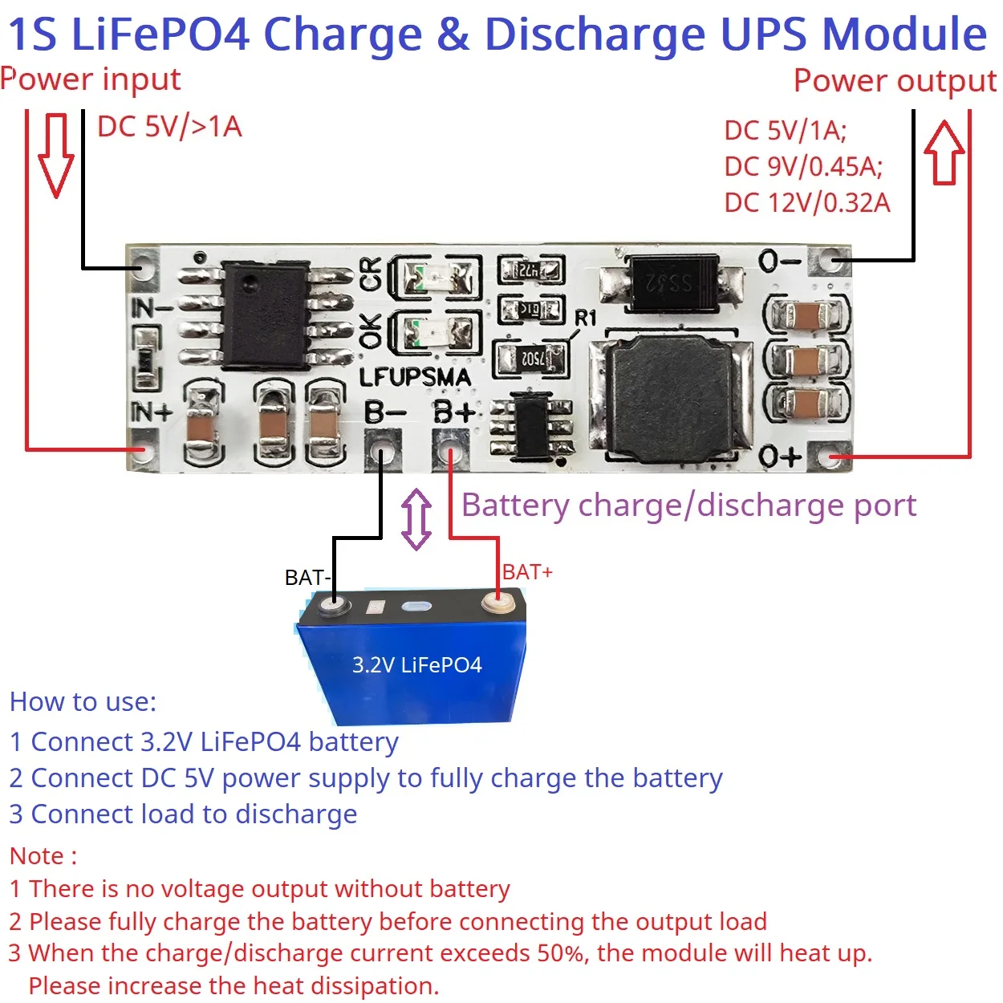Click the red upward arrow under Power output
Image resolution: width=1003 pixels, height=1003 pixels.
coord(944,152)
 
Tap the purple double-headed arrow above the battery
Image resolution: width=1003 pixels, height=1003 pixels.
coord(416,519)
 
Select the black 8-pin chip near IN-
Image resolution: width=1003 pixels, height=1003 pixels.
coord(266,315)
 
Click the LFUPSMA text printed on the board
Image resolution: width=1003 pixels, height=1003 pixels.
coord(415,377)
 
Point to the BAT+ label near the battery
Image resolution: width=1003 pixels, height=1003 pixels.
coord(527,573)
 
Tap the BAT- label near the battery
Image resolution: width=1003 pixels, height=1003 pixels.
coord(307,578)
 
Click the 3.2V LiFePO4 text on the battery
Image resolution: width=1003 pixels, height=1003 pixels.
coord(417,665)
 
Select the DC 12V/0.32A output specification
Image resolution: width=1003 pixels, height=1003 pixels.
coord(807,203)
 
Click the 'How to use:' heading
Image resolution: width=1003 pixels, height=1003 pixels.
coord(83,702)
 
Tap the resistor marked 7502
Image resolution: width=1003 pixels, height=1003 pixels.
coord(531,359)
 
